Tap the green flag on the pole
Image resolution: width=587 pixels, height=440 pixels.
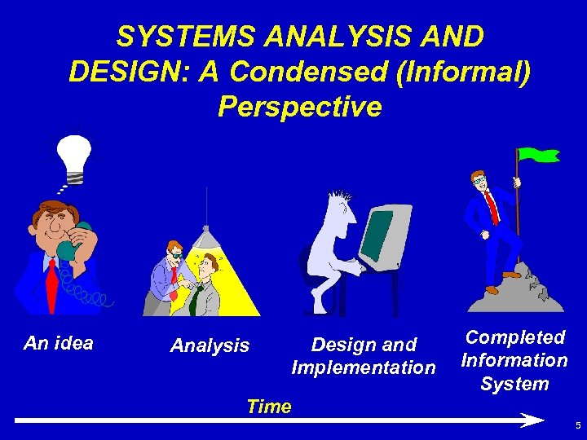coord(539,155)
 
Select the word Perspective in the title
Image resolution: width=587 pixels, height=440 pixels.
coord(299,107)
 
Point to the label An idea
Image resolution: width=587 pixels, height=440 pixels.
coord(59,343)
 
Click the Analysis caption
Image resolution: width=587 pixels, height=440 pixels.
coord(210,346)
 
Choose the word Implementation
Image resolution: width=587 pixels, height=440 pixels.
coord(364,367)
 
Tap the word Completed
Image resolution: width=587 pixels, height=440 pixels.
coord(514,337)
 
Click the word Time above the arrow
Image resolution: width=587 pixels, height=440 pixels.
coord(268,407)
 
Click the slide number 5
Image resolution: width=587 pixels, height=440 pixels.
coord(577,426)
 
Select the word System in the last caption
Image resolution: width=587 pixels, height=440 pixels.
coord(514,384)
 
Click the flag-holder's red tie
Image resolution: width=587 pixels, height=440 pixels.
coord(492,207)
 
